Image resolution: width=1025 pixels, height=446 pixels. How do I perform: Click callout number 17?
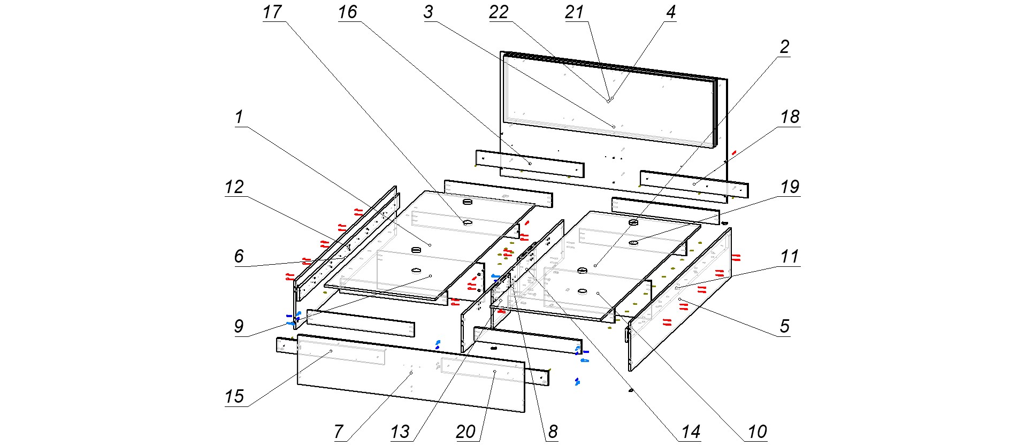[x=272, y=12]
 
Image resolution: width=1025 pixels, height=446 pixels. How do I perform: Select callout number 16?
[x=347, y=12]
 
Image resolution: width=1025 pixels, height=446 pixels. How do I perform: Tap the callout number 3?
[x=428, y=12]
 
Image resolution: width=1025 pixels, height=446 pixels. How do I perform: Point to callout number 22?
[x=499, y=12]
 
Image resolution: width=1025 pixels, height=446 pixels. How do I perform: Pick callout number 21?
[x=574, y=12]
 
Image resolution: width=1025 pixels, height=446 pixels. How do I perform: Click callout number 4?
[x=671, y=12]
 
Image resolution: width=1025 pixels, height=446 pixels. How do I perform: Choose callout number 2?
[x=784, y=47]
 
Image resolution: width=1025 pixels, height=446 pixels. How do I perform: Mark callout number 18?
[x=790, y=117]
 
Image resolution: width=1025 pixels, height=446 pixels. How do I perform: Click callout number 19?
[x=790, y=187]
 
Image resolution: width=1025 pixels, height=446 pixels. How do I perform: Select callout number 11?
[x=790, y=257]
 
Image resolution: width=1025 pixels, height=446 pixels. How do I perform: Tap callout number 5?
[x=784, y=326]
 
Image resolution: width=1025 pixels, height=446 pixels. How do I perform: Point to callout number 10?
[x=757, y=432]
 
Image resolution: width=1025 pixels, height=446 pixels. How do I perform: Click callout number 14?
[x=691, y=432]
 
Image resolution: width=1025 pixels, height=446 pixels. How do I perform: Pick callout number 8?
[x=553, y=432]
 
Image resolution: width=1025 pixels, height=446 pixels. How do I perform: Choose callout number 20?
[x=465, y=432]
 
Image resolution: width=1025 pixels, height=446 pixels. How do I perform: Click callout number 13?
[x=400, y=432]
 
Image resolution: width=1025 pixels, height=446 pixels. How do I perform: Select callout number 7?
[x=338, y=432]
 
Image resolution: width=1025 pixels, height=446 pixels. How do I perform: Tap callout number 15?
[x=234, y=396]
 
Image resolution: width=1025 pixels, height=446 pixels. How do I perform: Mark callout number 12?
[x=234, y=187]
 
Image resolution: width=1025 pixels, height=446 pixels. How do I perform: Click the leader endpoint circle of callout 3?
[x=614, y=127]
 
